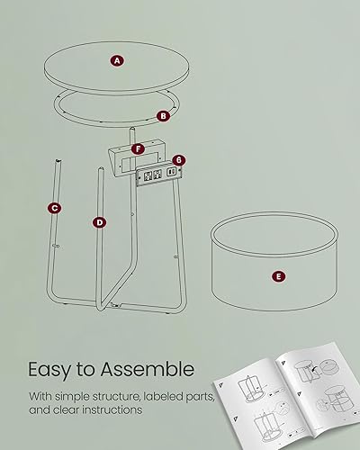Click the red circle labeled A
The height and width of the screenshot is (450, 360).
pos(117,60)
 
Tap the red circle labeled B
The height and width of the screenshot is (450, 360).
pos(163,115)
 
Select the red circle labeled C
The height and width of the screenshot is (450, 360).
pos(55,208)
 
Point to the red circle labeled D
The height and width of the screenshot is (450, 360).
pos(99,221)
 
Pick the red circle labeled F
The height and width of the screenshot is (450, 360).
pos(137,148)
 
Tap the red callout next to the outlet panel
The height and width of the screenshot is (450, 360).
pos(179,160)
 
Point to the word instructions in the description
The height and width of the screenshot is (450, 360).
pos(111,409)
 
